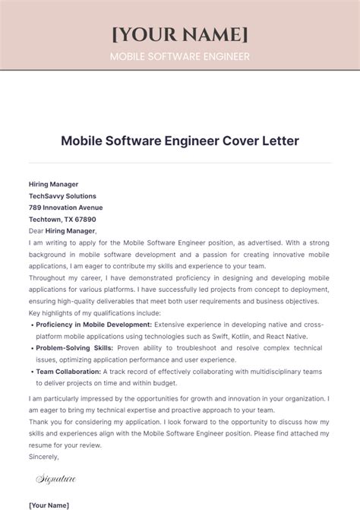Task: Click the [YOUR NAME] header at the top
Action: coord(179,33)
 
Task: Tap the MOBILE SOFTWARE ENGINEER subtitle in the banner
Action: coord(179,56)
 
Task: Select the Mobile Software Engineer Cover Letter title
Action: coord(179,141)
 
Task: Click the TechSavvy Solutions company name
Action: coord(62,195)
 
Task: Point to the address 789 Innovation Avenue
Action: coord(65,207)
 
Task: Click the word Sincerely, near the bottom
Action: coord(43,458)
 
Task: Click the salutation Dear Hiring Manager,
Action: coord(62,230)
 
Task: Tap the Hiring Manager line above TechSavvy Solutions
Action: coord(53,183)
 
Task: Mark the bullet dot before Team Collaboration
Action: coord(31,372)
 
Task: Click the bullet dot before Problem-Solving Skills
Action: coord(31,347)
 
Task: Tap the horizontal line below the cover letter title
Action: coord(179,162)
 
